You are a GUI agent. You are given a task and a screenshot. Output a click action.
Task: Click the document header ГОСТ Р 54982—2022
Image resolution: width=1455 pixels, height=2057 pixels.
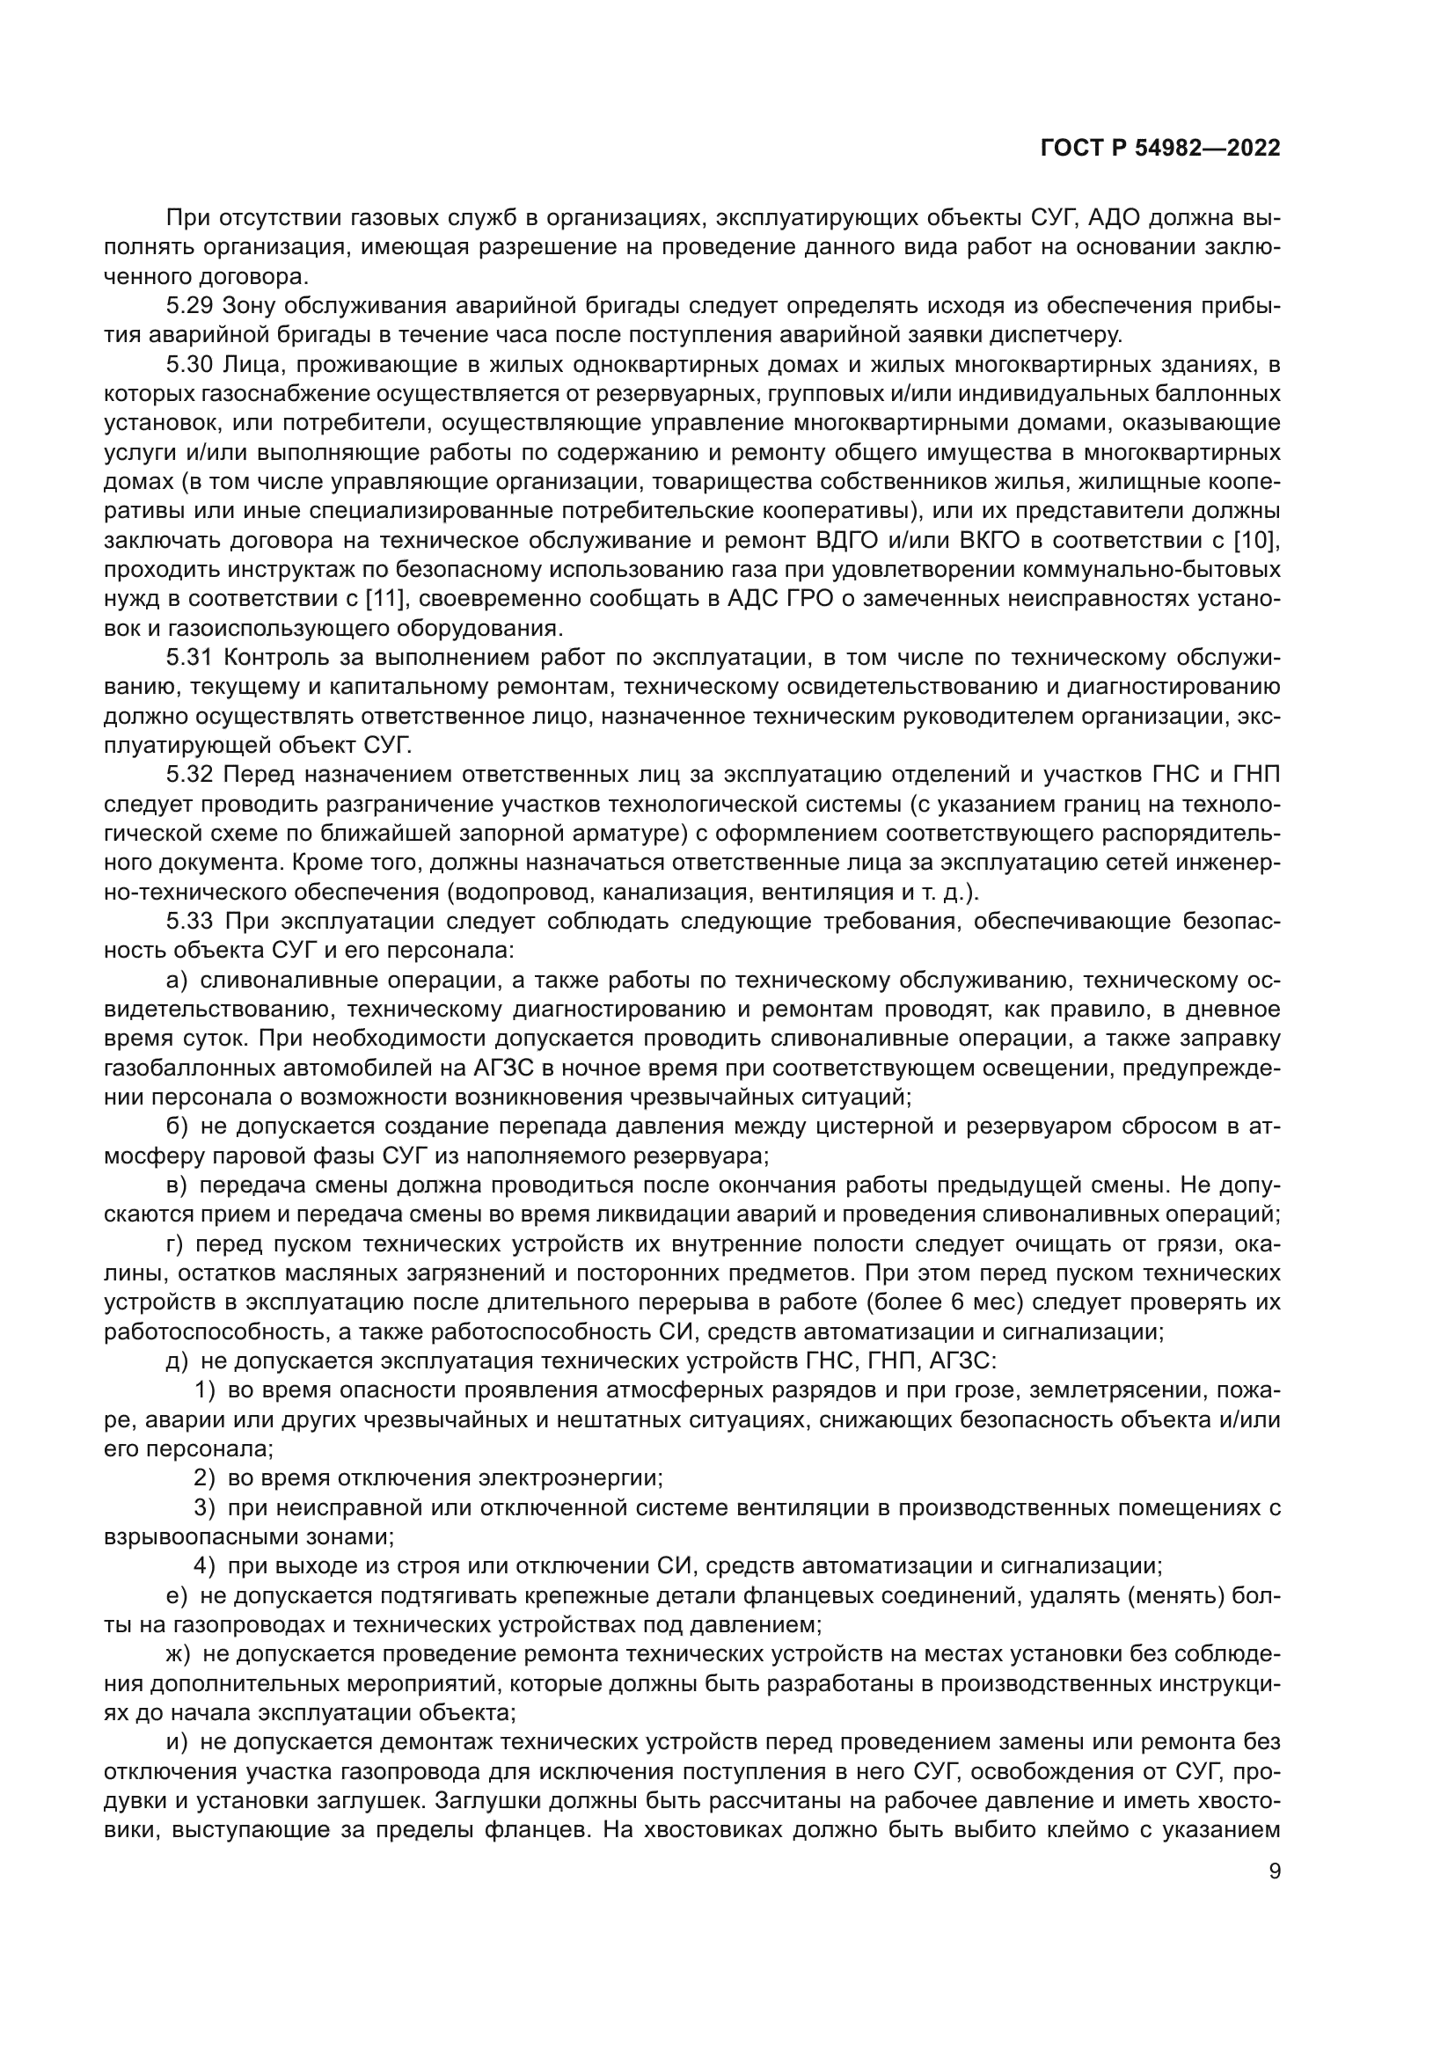(1159, 148)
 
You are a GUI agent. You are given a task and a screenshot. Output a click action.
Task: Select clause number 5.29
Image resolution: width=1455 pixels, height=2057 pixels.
(188, 306)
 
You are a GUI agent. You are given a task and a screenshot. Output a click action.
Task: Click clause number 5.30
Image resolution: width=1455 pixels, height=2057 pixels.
(188, 365)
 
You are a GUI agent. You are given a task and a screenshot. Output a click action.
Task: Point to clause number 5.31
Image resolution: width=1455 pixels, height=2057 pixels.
(188, 658)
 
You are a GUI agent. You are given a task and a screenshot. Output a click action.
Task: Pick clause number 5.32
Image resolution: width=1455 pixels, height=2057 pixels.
(188, 775)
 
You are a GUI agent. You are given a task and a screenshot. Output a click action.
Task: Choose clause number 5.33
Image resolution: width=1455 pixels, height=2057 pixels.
(188, 921)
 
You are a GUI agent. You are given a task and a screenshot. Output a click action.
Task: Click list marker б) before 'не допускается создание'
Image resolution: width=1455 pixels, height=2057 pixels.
(177, 1127)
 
